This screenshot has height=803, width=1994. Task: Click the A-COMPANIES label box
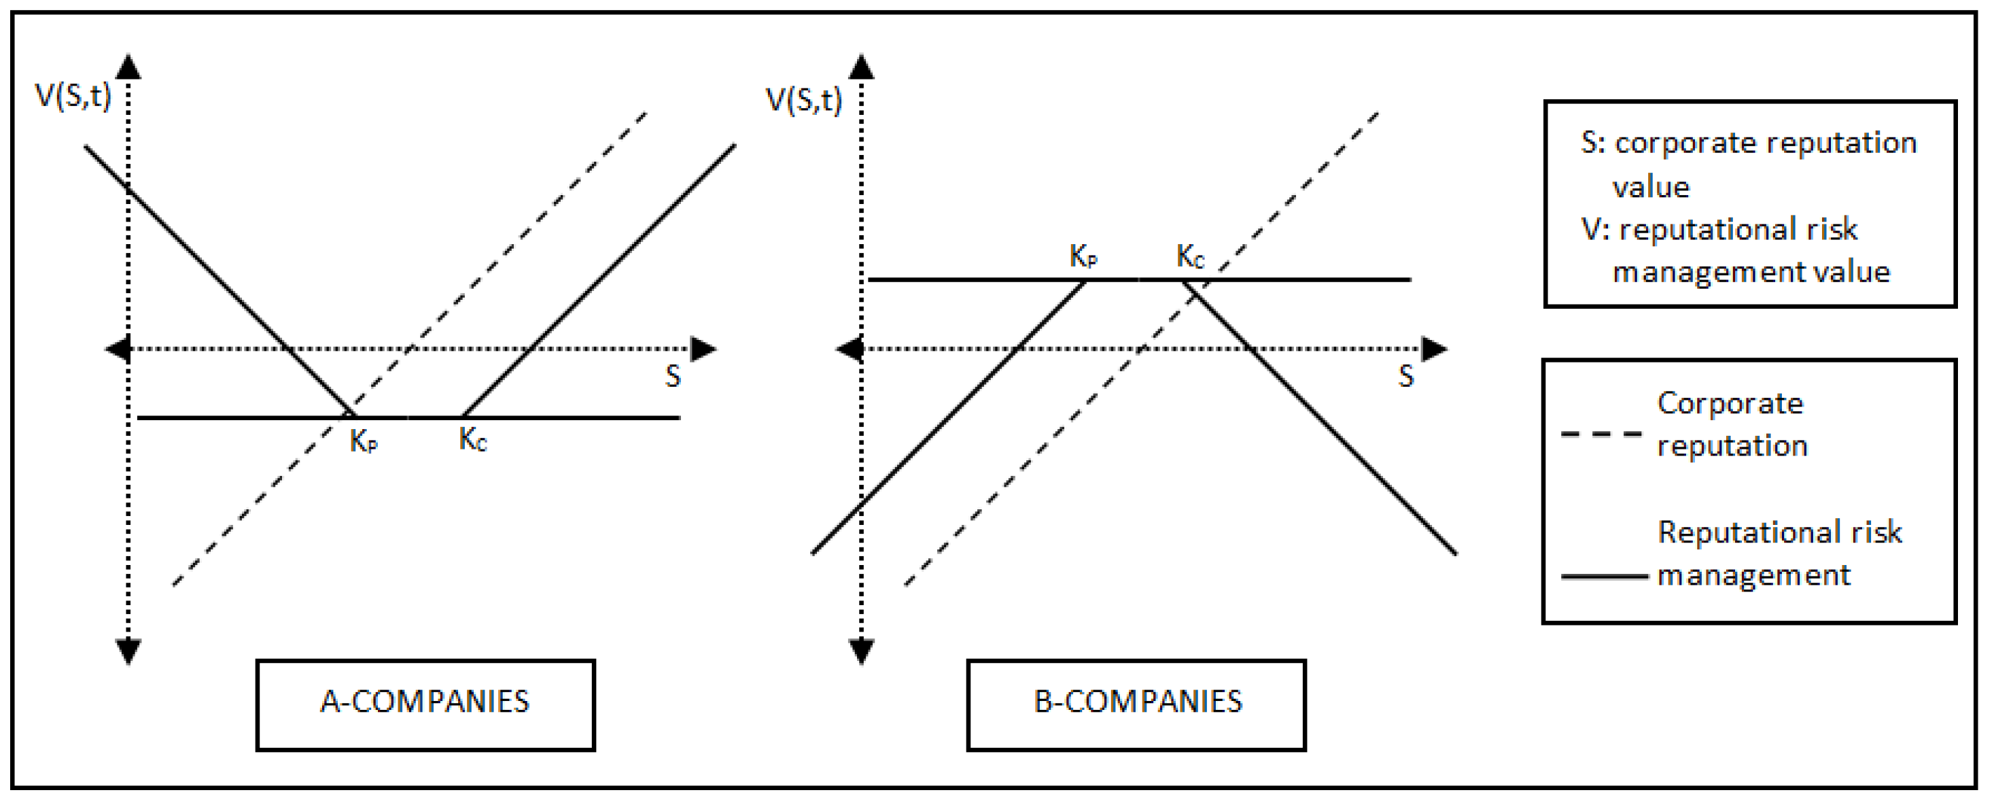click(425, 703)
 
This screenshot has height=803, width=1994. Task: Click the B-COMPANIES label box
click(1136, 703)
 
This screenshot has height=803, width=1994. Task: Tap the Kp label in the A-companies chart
click(363, 441)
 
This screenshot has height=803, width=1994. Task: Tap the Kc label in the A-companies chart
click(472, 440)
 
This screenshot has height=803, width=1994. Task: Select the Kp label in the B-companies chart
click(1083, 256)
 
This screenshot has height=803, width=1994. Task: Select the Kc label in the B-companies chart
click(1190, 256)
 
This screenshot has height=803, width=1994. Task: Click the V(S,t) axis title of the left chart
click(73, 96)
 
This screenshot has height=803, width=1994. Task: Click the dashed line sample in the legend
click(1601, 434)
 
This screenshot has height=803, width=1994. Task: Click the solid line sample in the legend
click(1604, 577)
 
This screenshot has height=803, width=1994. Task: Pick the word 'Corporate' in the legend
click(1730, 404)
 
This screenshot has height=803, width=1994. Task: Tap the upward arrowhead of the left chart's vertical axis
click(128, 67)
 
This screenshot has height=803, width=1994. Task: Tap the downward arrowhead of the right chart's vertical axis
click(862, 651)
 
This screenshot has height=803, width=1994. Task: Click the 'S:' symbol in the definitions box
click(1592, 143)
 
